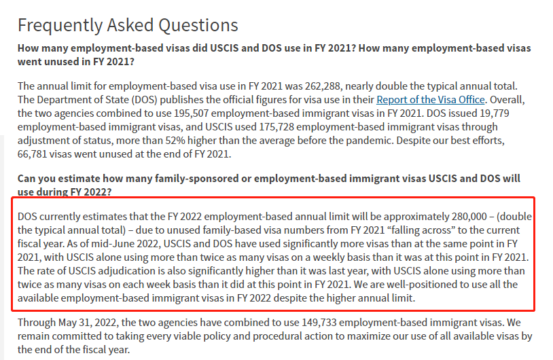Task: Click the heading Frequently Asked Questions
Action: tap(128, 26)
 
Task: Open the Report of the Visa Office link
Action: tap(431, 100)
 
